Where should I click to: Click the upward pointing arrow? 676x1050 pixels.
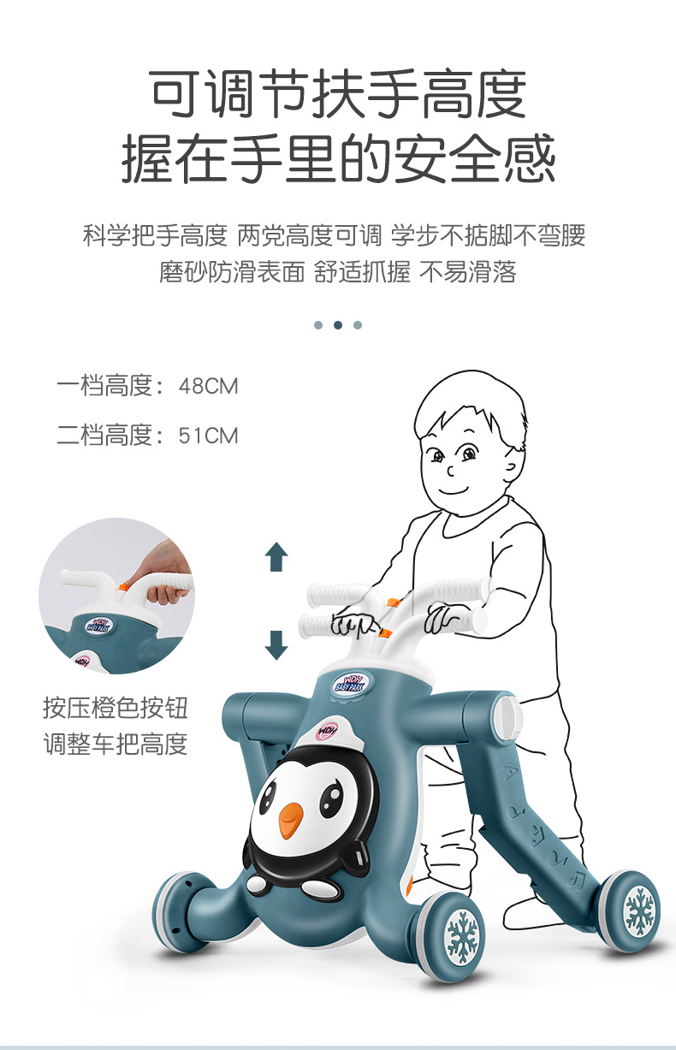pyautogui.click(x=276, y=556)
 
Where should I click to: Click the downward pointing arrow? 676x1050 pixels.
pyautogui.click(x=276, y=644)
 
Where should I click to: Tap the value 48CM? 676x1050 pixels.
pyautogui.click(x=208, y=386)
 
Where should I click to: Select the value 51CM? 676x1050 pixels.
pyautogui.click(x=208, y=436)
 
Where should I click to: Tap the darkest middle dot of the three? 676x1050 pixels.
pyautogui.click(x=338, y=325)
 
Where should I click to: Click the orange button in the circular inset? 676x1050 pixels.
pyautogui.click(x=123, y=587)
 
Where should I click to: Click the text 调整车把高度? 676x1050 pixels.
pyautogui.click(x=116, y=744)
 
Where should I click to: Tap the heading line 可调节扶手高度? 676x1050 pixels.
pyautogui.click(x=338, y=94)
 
